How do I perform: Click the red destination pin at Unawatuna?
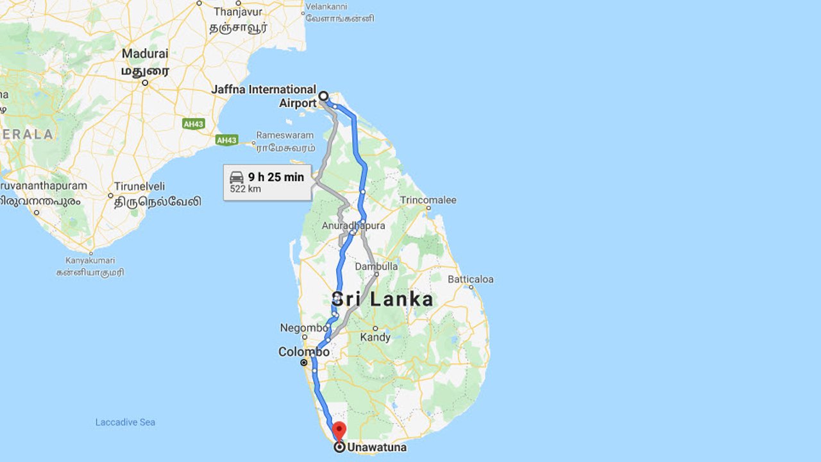point(340,430)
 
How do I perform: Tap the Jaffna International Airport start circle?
point(323,96)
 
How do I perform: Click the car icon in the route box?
point(237,177)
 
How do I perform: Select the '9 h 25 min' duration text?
point(276,177)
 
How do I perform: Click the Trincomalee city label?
point(428,200)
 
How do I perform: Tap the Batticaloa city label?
point(470,279)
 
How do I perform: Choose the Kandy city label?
point(375,337)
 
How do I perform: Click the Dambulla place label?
point(377,266)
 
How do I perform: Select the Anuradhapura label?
point(353,226)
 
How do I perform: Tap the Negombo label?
point(303,328)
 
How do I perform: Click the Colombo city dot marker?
point(304,363)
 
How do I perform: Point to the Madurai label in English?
point(145,53)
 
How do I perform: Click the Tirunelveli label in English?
point(140,186)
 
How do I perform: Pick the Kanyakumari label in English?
point(90,261)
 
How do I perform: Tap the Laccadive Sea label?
point(125,422)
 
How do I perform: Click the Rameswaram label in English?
point(285,135)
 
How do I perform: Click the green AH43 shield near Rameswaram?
point(226,140)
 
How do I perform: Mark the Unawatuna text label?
point(377,447)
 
